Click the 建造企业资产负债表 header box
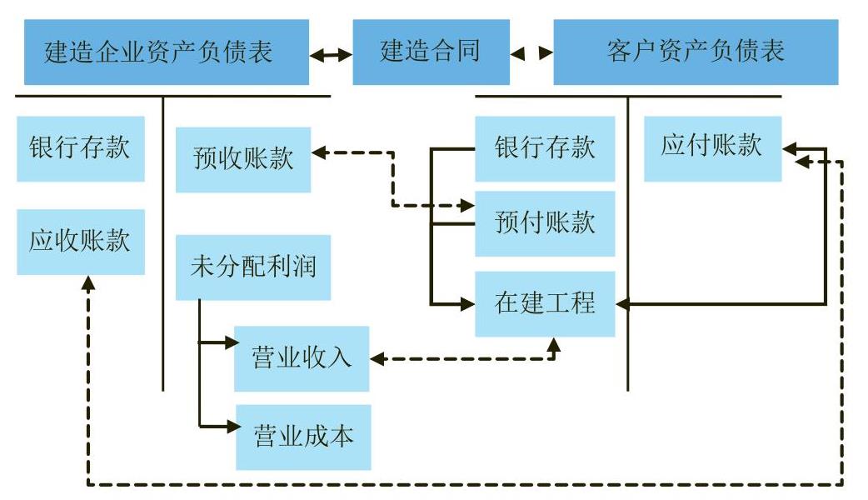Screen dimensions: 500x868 [x=166, y=52]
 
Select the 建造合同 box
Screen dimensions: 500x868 [x=431, y=52]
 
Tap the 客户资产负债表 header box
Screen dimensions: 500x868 [x=696, y=52]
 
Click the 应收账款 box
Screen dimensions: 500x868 [x=80, y=242]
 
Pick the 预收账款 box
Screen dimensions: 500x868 [x=243, y=159]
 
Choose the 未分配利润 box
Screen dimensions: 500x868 [x=253, y=267]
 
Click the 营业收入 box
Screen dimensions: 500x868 [x=302, y=358]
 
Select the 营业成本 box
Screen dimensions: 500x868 [x=303, y=437]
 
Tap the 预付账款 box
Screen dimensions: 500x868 [x=545, y=223]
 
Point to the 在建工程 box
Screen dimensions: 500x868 [x=545, y=303]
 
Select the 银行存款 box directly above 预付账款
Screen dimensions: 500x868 [x=545, y=148]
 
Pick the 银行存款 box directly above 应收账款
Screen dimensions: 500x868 [x=80, y=148]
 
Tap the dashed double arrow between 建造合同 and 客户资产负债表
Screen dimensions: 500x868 [x=531, y=53]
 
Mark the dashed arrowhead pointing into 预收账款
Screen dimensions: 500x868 [x=317, y=152]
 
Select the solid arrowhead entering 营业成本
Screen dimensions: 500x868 [x=231, y=426]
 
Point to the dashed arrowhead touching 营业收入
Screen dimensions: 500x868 [x=376, y=360]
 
